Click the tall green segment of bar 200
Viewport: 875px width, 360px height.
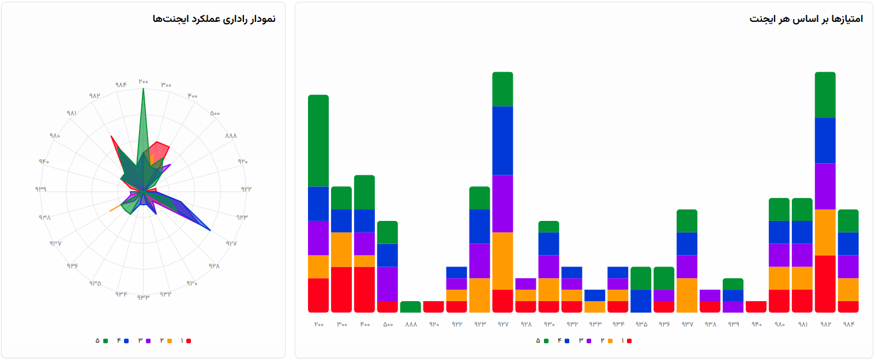click(x=318, y=141)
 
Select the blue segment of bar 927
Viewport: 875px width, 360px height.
click(x=502, y=141)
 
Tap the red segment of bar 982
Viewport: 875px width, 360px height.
click(x=825, y=283)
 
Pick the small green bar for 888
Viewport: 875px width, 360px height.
click(x=410, y=307)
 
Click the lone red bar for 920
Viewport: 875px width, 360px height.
click(x=433, y=307)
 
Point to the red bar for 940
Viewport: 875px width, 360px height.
click(x=756, y=307)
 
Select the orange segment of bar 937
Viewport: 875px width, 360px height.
click(x=687, y=295)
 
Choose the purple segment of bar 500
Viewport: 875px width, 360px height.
click(x=388, y=284)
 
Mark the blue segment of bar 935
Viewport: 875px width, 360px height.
click(x=641, y=301)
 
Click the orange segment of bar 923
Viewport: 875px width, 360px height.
click(x=479, y=295)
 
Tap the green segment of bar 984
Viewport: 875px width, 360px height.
click(x=848, y=221)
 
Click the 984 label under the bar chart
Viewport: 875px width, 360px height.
click(x=848, y=324)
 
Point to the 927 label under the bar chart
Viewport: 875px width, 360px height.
click(x=502, y=324)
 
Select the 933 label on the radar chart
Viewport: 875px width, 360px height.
click(x=143, y=297)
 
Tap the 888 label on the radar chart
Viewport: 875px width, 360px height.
click(x=231, y=136)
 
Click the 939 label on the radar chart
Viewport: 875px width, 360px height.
click(x=40, y=189)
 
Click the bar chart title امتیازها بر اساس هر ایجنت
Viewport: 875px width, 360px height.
click(x=806, y=19)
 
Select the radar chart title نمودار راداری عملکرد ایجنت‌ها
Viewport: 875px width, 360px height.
click(x=214, y=19)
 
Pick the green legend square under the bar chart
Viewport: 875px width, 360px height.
click(x=546, y=341)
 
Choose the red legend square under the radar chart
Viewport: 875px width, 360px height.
click(x=188, y=341)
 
